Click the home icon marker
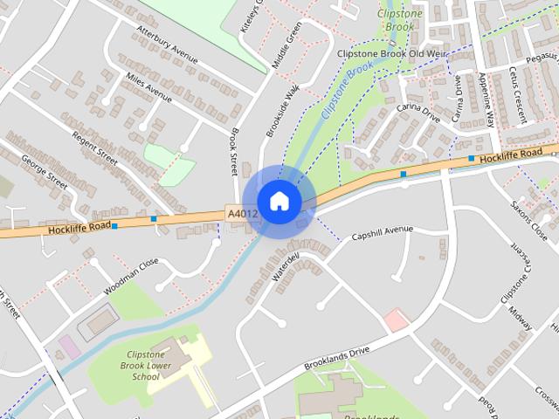(x=279, y=201)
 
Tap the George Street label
(x=45, y=173)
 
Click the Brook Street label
(x=234, y=149)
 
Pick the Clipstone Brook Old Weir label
(x=391, y=54)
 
